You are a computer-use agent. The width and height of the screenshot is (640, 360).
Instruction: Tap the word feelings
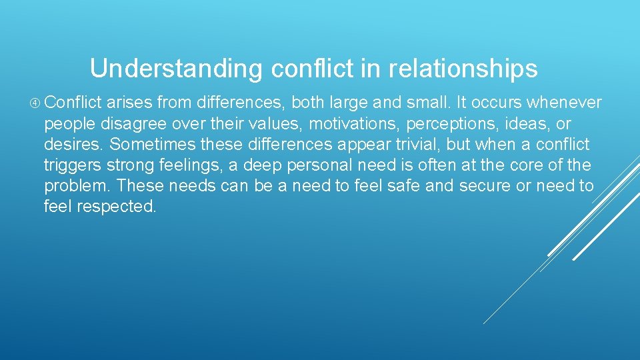[x=190, y=165]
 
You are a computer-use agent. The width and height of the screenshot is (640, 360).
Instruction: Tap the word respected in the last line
[x=117, y=206]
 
